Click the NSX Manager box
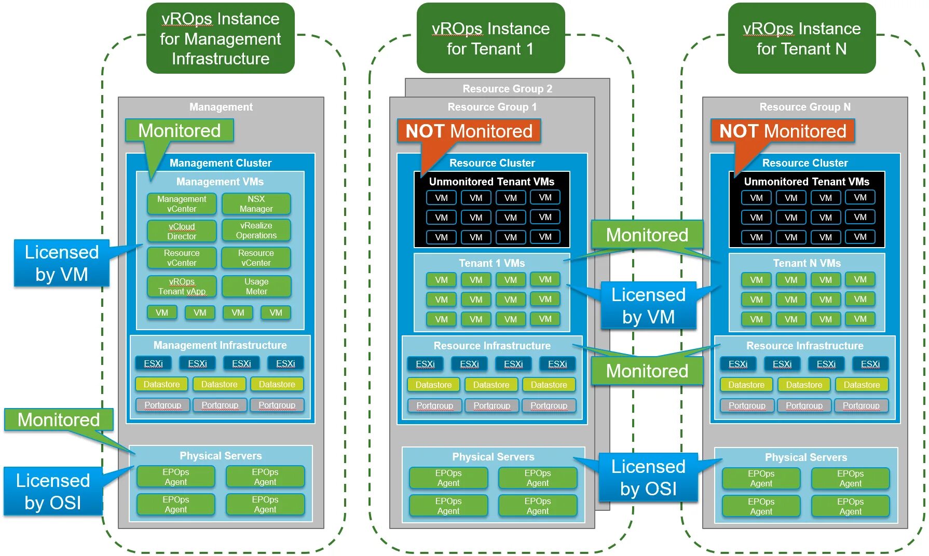[256, 204]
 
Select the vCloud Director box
[182, 232]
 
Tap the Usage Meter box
[256, 287]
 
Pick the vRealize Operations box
[256, 230]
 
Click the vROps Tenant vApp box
[182, 287]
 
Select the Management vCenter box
[182, 204]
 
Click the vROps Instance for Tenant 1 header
[490, 38]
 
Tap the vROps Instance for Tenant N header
[801, 38]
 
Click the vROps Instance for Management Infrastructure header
[220, 38]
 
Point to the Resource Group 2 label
[507, 89]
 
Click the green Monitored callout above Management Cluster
[179, 131]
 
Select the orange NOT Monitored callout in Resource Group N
[782, 131]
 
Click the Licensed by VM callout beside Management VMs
[61, 263]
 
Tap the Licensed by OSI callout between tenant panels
[648, 478]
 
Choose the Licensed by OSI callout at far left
[53, 491]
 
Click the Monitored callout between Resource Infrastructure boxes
[647, 371]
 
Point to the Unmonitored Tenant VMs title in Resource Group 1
[491, 182]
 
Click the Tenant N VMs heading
[807, 263]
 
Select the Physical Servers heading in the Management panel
[221, 456]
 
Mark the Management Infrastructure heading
[220, 345]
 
